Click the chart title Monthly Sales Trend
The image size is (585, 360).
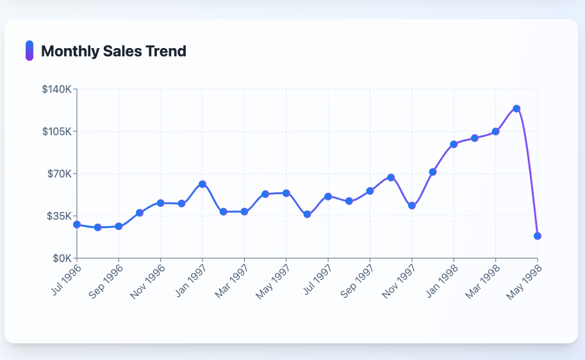113,51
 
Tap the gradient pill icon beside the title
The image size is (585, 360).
29,51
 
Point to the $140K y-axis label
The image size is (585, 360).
56,89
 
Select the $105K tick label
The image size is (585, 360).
56,131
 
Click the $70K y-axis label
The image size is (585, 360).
59,174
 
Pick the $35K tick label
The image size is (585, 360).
59,216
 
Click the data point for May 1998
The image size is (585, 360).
538,236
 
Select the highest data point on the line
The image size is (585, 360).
516,109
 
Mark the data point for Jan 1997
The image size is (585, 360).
202,184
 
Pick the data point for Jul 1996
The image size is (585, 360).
77,224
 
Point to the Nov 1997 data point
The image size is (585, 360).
412,206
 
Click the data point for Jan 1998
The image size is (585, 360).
454,144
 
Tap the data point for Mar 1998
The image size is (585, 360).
495,132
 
